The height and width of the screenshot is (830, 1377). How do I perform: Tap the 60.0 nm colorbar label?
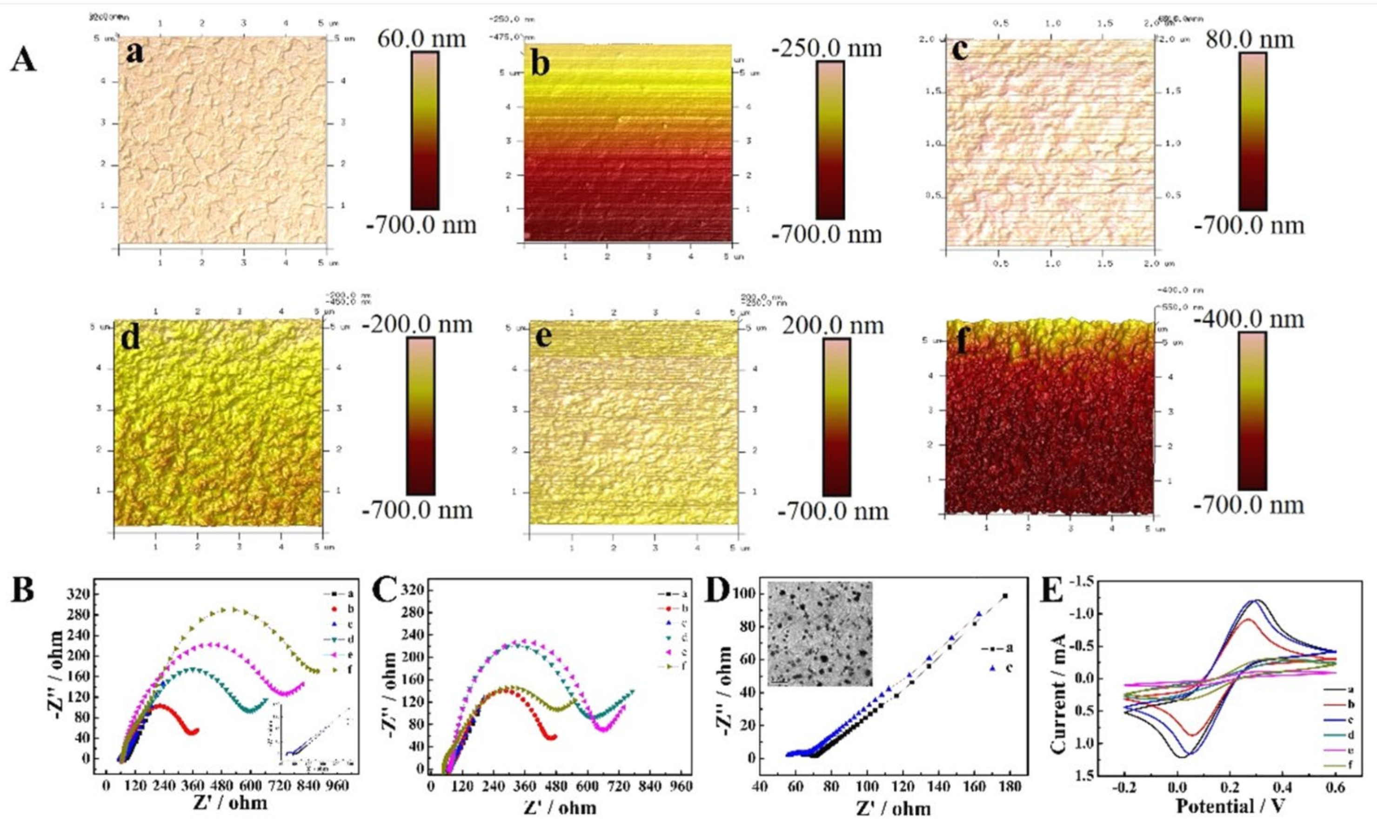pos(421,39)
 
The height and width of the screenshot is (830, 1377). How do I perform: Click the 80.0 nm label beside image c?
pos(1249,40)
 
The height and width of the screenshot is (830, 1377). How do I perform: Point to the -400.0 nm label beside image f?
pos(1249,319)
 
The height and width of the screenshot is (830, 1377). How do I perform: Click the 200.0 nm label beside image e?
pos(833,325)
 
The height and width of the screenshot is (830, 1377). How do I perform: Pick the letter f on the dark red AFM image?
pos(961,341)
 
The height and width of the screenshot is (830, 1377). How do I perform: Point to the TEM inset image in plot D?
pos(820,633)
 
